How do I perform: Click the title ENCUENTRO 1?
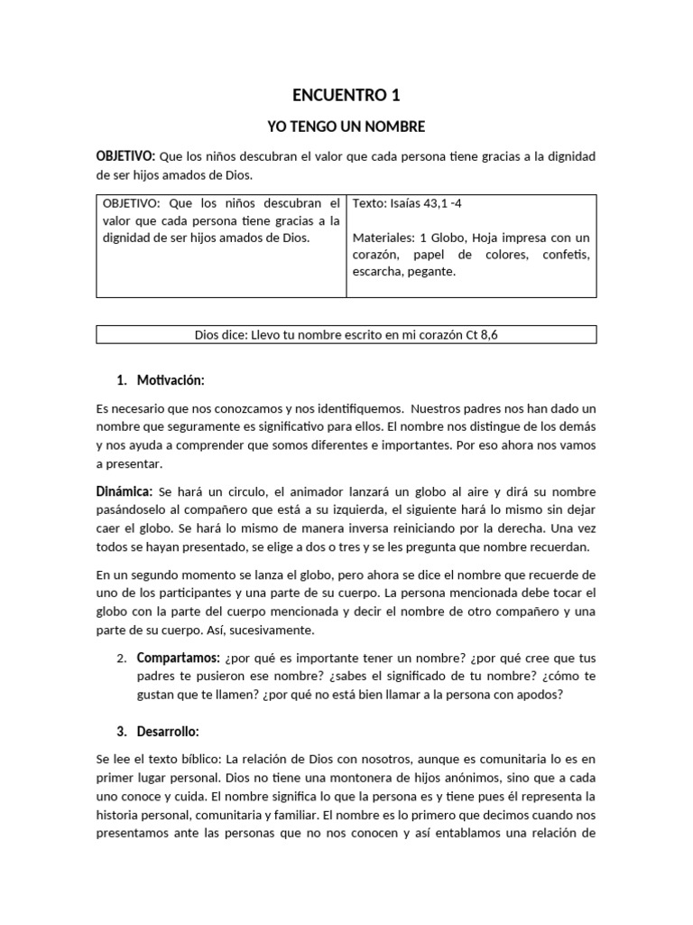click(x=346, y=95)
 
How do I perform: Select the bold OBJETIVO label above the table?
click(x=125, y=156)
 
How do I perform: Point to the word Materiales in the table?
click(x=383, y=238)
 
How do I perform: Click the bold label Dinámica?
click(x=125, y=491)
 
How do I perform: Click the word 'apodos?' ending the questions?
click(x=542, y=694)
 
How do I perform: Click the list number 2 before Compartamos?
click(x=121, y=658)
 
